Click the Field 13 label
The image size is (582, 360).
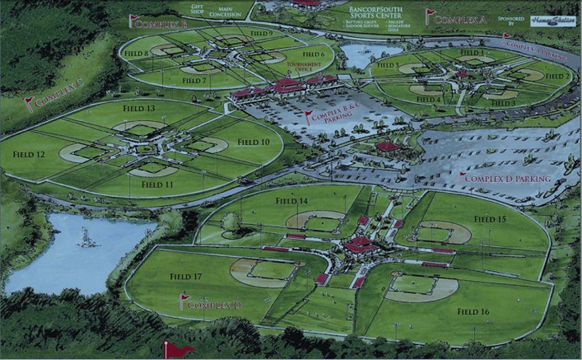click(x=139, y=108)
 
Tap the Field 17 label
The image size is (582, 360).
click(x=186, y=276)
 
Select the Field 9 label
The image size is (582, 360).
click(x=261, y=34)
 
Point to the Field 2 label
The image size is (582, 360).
click(x=558, y=76)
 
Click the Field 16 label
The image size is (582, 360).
click(x=473, y=312)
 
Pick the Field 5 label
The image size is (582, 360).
click(x=388, y=65)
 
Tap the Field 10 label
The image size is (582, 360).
click(x=253, y=142)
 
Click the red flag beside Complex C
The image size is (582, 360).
click(x=28, y=104)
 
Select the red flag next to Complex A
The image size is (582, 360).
click(x=429, y=15)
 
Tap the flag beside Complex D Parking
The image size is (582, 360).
click(x=463, y=176)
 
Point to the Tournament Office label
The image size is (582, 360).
click(x=304, y=68)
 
